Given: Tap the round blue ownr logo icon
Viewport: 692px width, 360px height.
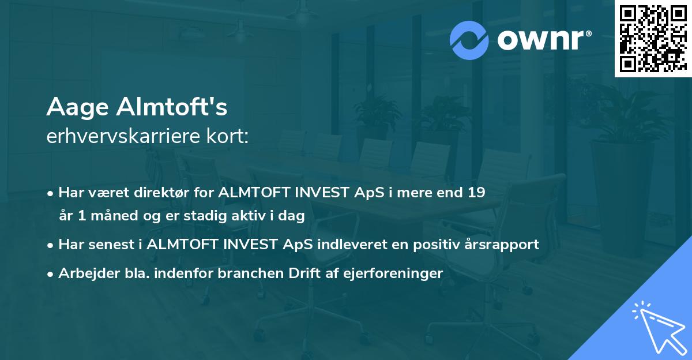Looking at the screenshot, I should click(x=469, y=40).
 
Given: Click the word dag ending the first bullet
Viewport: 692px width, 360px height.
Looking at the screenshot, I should click(x=292, y=216).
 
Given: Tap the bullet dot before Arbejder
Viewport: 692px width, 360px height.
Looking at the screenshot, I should click(x=51, y=273).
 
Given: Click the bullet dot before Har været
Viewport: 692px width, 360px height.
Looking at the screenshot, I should click(x=51, y=193).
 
